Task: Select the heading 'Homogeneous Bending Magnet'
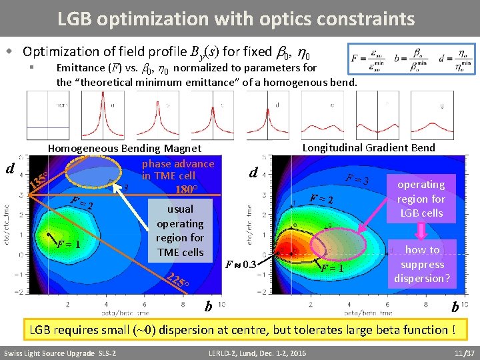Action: coord(124,149)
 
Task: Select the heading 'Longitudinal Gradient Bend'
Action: coord(369,147)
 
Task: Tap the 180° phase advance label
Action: coord(184,189)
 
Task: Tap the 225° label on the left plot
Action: coord(178,281)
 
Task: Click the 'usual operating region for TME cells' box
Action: coord(180,231)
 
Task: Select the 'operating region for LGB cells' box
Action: coord(421,198)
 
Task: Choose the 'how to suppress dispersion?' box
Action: coord(422,263)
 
